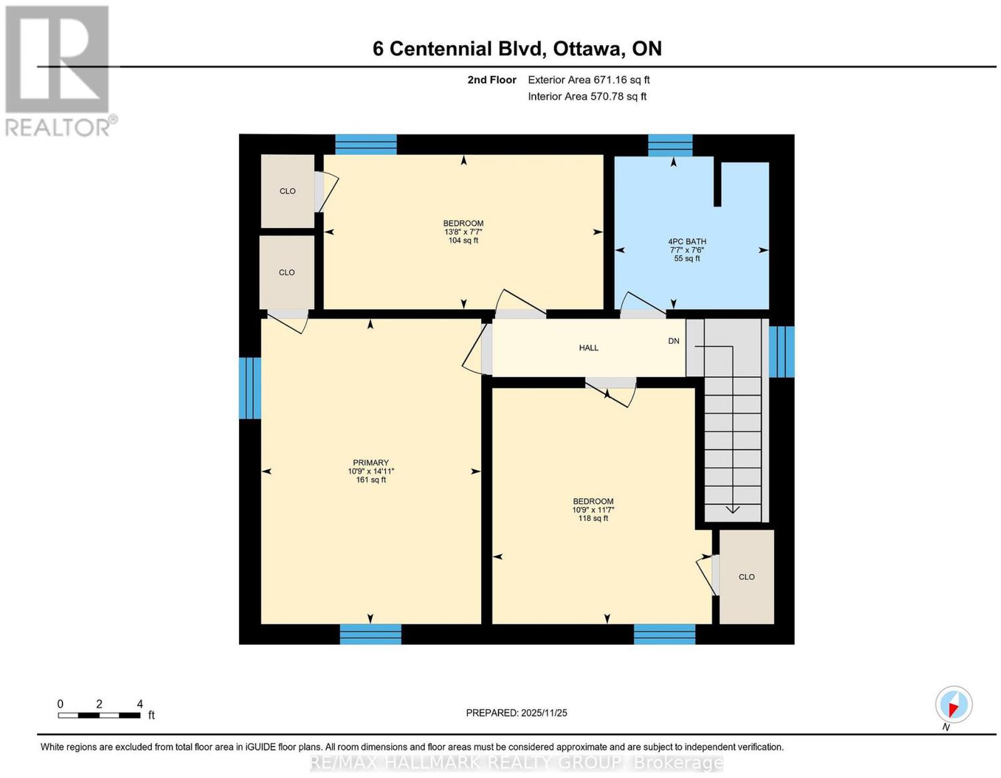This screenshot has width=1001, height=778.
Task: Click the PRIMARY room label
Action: [x=370, y=463]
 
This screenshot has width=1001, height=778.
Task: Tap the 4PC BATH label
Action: [x=686, y=242]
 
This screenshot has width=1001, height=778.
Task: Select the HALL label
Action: [x=588, y=348]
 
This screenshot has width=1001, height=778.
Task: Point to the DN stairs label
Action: [x=673, y=341]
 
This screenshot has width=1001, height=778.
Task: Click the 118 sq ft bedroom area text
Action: [x=593, y=518]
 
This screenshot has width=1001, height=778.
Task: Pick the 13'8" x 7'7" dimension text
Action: [x=463, y=232]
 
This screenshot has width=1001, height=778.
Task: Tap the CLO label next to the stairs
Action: [x=746, y=576]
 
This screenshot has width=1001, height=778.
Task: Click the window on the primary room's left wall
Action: [x=250, y=388]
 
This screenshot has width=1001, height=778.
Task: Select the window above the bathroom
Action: [x=670, y=145]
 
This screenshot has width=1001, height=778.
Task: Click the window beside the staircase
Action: [x=781, y=352]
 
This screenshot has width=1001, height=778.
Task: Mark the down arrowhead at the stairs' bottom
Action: [x=733, y=509]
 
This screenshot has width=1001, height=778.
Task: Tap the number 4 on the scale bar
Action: [x=140, y=704]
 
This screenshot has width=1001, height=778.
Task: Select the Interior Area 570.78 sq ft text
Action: [x=587, y=96]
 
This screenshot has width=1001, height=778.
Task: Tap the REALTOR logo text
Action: [x=59, y=128]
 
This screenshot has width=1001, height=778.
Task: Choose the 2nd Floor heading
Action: [x=492, y=79]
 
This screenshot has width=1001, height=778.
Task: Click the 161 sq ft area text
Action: [x=370, y=479]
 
